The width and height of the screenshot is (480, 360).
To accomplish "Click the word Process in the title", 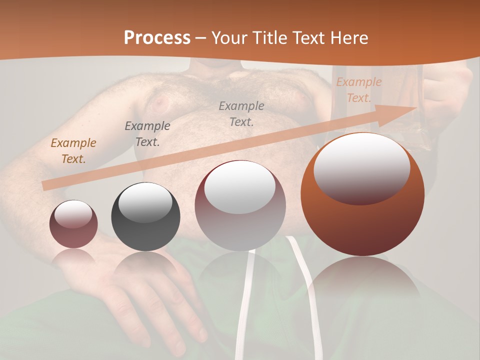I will [157, 38].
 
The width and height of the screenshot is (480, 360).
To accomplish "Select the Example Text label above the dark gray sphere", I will [147, 133].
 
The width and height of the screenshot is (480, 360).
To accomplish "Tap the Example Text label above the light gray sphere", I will [241, 113].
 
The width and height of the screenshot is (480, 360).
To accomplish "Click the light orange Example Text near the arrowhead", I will [358, 90].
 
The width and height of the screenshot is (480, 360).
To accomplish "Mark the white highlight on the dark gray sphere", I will [145, 202].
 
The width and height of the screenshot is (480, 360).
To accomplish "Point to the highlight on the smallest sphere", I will [73, 214].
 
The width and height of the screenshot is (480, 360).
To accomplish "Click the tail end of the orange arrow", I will [46, 185].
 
